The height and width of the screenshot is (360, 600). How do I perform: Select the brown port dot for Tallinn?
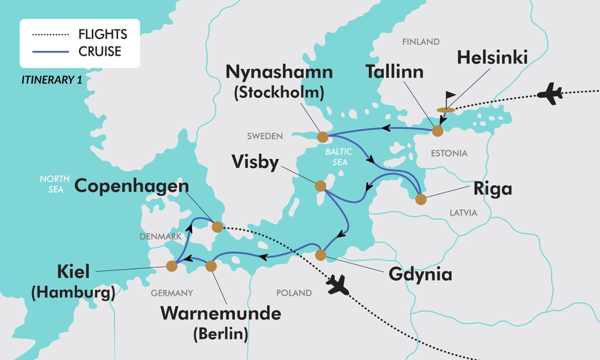pos(437,131)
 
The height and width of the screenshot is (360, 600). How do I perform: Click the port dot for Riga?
pos(421,199)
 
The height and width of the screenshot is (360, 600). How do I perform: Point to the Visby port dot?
pos(320,186)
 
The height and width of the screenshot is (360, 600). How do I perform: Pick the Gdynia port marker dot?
pos(321,254)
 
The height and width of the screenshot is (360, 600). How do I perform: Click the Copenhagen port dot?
pos(217,226)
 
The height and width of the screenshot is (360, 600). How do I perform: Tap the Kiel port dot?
pos(171,266)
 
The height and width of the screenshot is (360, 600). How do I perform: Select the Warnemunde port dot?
pos(211,266)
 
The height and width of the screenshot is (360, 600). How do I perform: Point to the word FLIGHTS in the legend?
pos(102,34)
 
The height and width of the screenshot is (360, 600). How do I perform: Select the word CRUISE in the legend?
pos(100,51)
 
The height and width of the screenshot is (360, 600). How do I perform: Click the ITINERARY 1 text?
pos(51,79)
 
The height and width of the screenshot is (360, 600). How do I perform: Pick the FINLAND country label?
pos(420,42)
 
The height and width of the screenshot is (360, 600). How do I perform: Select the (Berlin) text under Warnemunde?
pos(220,334)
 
